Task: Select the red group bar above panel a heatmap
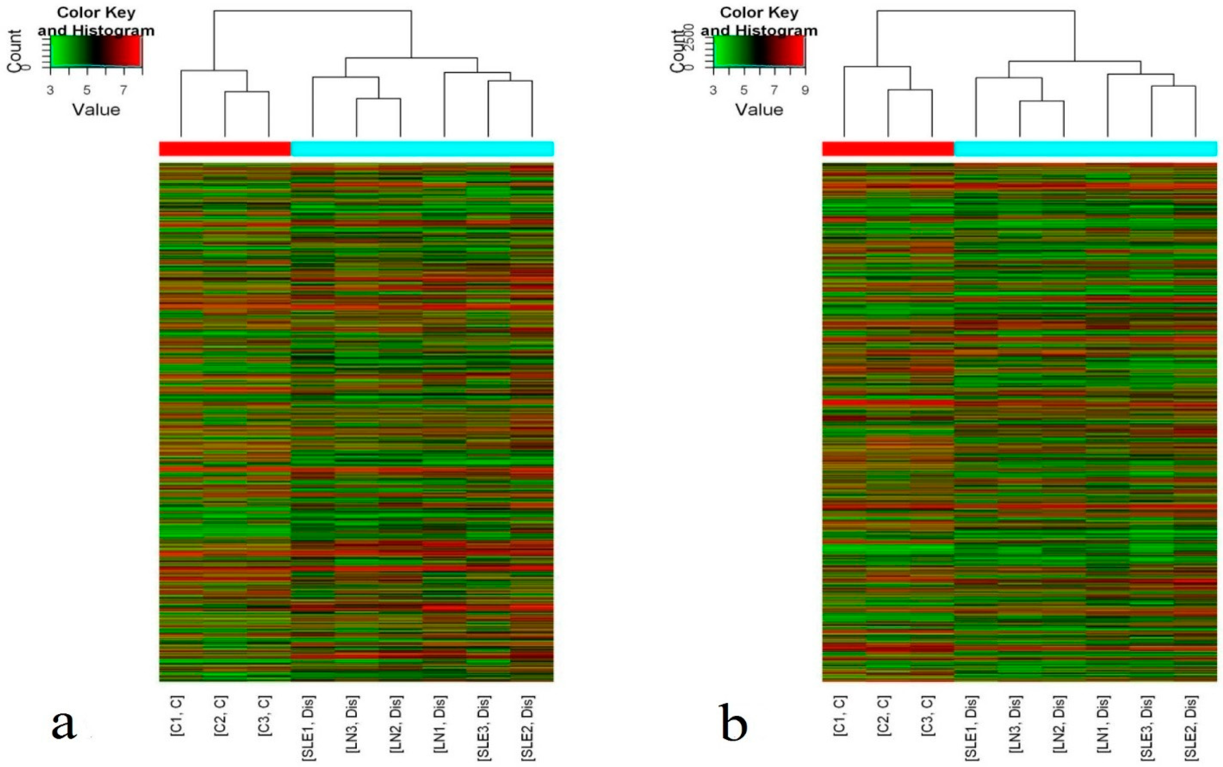225,149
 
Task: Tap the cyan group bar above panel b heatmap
1085,149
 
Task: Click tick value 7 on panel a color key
123,90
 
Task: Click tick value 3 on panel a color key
50,90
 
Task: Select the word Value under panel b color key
759,109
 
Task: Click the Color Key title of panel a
96,12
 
